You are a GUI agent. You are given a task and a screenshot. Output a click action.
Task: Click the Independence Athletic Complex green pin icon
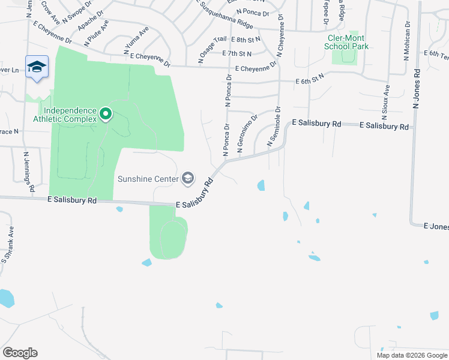pos(106,113)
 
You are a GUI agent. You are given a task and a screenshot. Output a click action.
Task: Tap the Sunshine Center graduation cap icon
pos(188,178)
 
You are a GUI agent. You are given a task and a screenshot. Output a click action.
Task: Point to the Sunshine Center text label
pos(148,179)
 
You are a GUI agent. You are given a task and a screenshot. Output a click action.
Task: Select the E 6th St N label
pos(310,78)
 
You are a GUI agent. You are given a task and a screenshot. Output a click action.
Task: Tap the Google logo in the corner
pos(20,352)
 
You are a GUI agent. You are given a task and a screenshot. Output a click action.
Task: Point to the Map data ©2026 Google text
pos(411,355)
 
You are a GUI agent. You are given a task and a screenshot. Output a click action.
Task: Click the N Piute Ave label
pos(97,32)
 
